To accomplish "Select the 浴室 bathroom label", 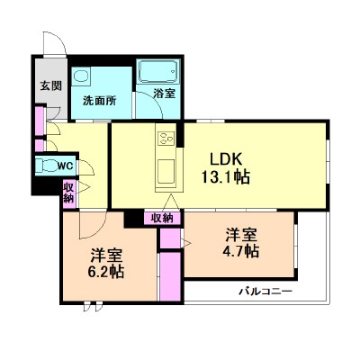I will pos(163,92).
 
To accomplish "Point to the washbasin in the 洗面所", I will pos(82,76).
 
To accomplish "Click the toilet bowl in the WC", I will pos(45,166).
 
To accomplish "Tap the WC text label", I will pos(66,166).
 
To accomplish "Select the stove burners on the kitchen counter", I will pos(166,139).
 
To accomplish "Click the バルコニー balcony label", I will pos(265,292).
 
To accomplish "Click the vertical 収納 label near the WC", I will pos(68,192).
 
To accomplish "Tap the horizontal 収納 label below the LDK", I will pos(162,217).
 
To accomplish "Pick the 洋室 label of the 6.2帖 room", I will pos(105,253).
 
